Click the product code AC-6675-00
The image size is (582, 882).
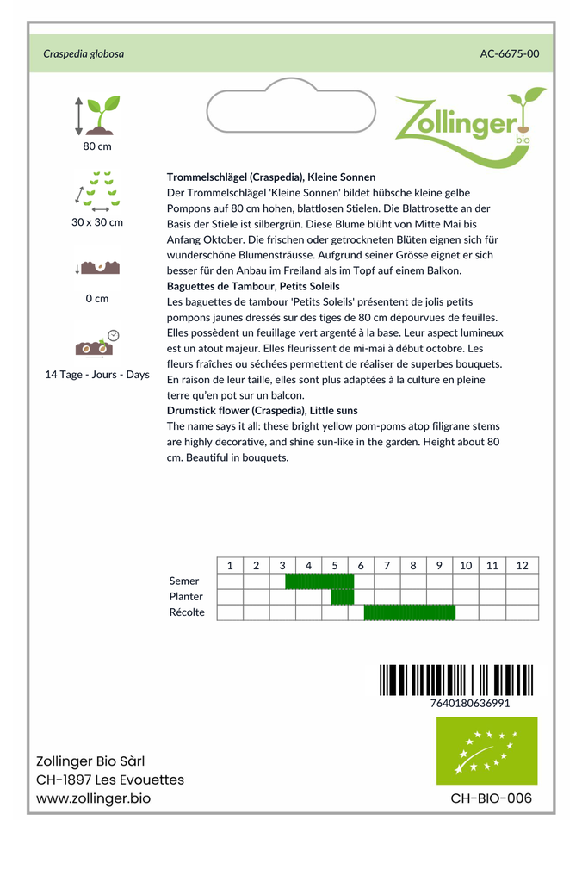[x=510, y=53]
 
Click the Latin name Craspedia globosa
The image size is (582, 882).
[x=84, y=53]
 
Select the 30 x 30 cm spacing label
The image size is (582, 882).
[x=97, y=222]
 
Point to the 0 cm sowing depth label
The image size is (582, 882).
[x=97, y=299]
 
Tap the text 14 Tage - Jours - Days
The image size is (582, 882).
[x=97, y=375]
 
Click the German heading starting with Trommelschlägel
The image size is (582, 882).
[x=271, y=177]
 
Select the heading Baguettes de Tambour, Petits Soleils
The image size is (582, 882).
[x=253, y=286]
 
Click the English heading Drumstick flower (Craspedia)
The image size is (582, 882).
[x=262, y=411]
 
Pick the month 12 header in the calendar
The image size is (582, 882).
[x=522, y=566]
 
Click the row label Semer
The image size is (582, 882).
[x=184, y=581]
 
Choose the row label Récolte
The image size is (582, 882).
[x=187, y=612]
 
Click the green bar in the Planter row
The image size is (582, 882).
[x=343, y=597]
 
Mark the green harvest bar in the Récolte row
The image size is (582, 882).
[x=409, y=612]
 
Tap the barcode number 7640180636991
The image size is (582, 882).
[x=469, y=703]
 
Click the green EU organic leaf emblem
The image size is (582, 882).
[x=486, y=750]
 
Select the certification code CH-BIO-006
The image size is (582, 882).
[x=491, y=798]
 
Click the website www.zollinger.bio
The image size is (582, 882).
[x=93, y=798]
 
